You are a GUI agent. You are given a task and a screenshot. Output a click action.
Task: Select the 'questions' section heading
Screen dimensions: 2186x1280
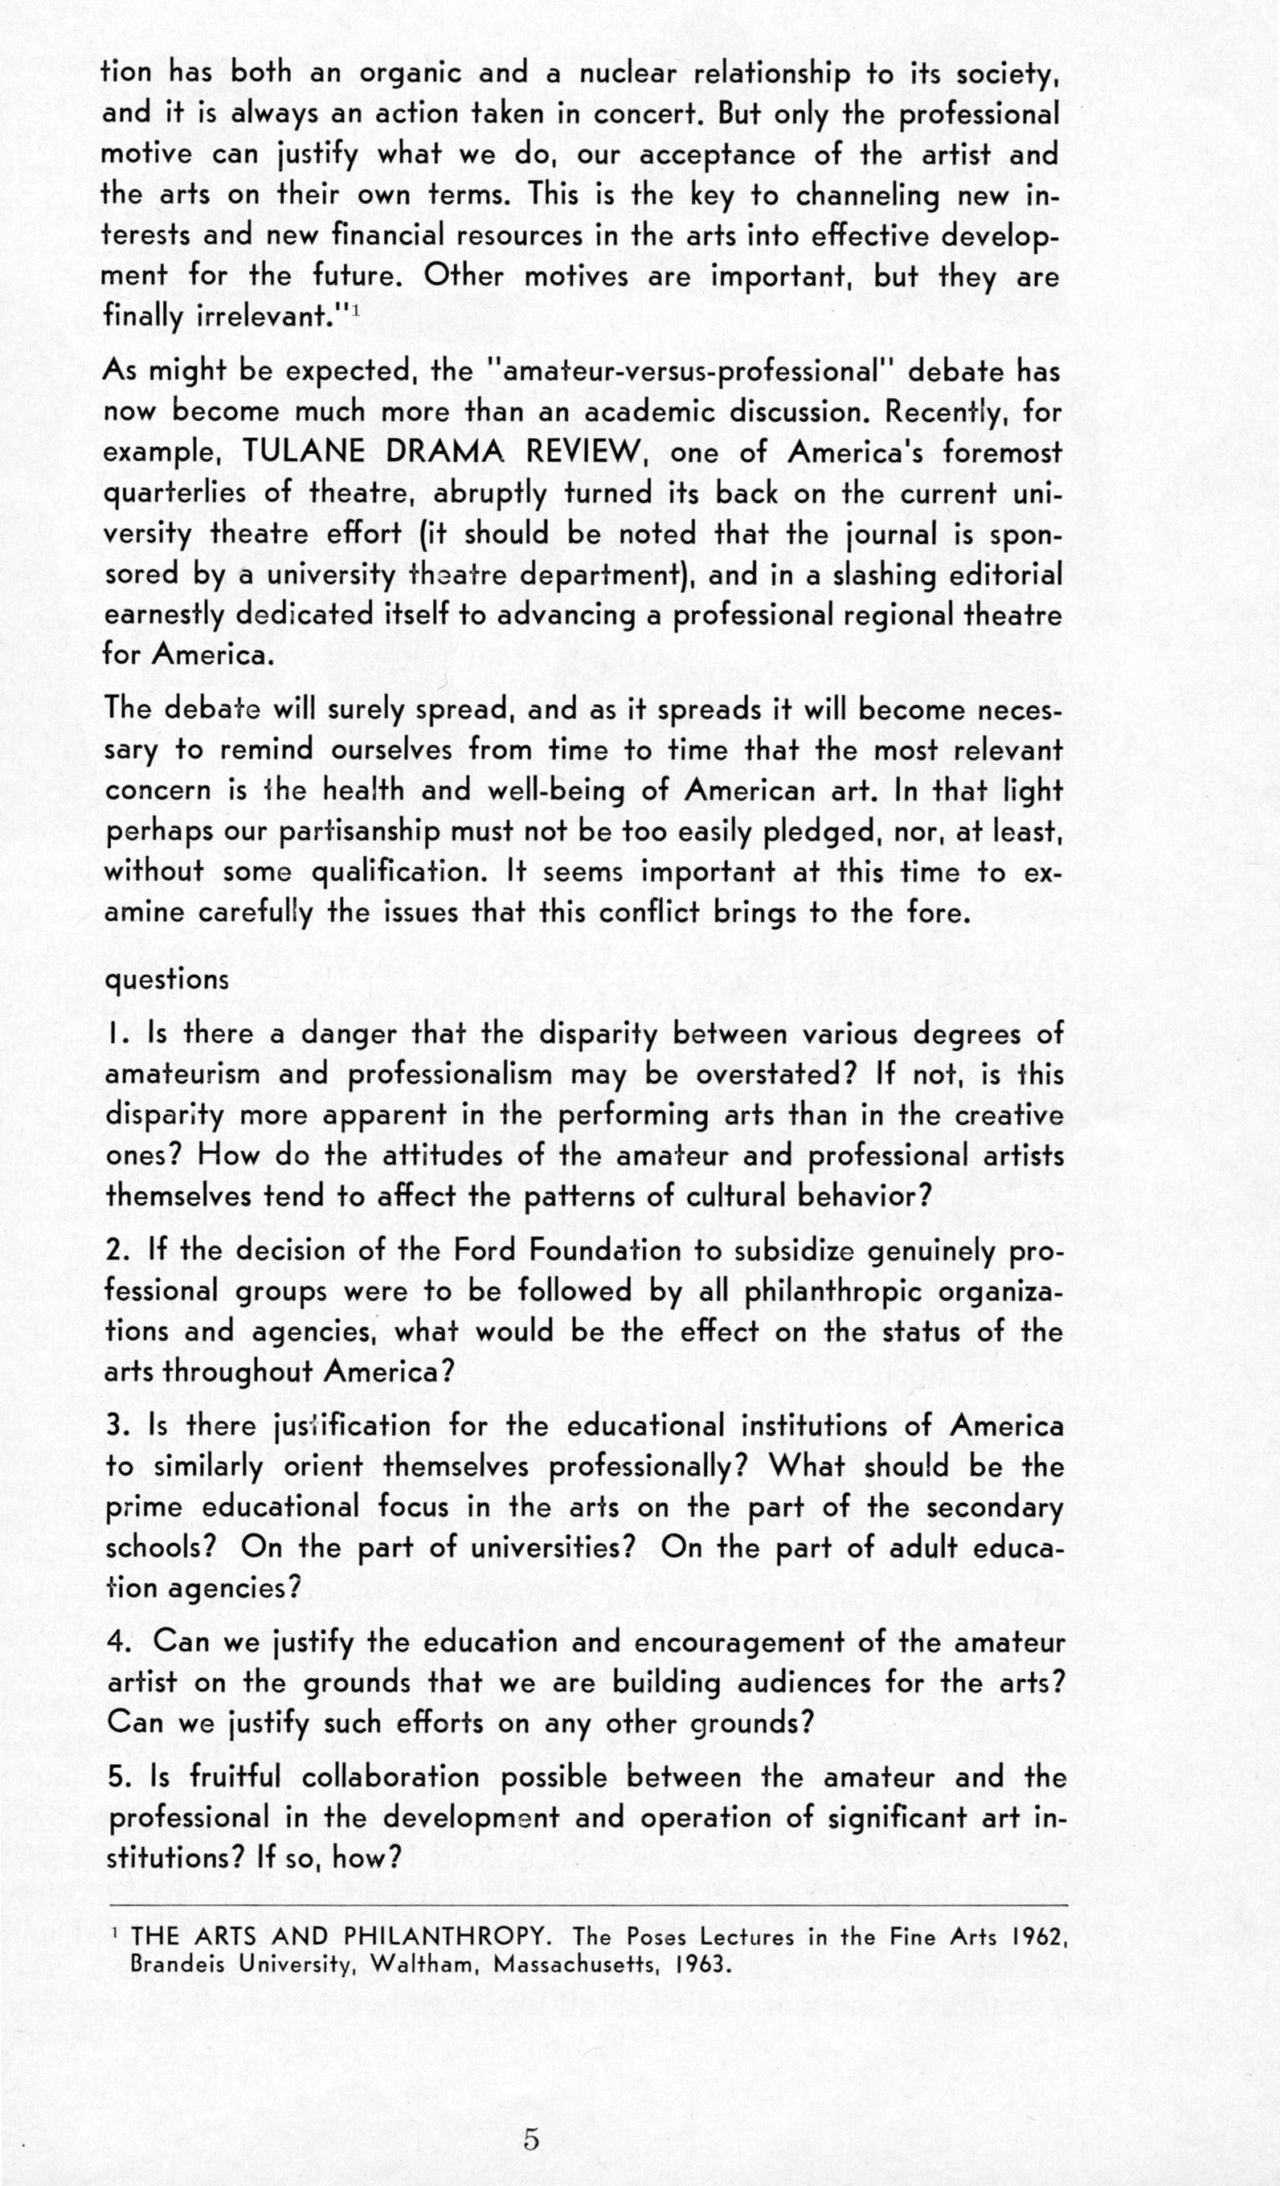pyautogui.click(x=166, y=980)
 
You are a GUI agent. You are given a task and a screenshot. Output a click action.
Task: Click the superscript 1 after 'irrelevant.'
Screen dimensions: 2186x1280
pyautogui.click(x=355, y=309)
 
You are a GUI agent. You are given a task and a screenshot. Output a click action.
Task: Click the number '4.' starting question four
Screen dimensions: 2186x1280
pyautogui.click(x=119, y=1642)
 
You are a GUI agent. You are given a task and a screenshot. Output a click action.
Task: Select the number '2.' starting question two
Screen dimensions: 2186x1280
pyautogui.click(x=118, y=1251)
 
